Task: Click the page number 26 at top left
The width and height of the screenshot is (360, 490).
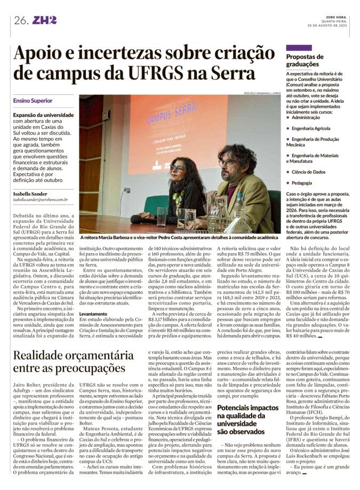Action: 21,21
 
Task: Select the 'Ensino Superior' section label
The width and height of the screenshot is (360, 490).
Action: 33,101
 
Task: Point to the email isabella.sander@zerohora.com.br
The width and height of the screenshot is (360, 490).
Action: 41,200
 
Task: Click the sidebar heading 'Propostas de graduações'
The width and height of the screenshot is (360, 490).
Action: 305,60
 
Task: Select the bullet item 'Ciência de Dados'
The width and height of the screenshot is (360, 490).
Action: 308,172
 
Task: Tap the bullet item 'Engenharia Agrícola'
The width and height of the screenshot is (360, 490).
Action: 313,129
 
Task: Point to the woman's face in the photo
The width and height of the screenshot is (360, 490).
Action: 178,171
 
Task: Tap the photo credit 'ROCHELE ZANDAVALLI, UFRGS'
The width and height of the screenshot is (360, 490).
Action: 251,93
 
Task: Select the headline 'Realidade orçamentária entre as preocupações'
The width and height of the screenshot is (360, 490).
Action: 73,362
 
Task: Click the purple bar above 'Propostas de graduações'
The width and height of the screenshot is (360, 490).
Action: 299,48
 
